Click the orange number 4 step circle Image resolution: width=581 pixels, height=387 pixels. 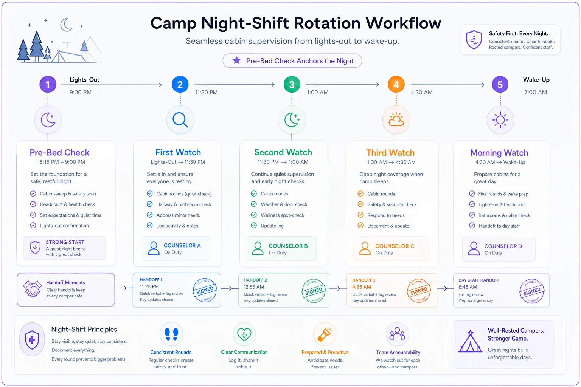(396, 85)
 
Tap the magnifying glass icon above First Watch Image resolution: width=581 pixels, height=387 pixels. (180, 120)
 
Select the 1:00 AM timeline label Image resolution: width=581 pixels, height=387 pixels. (317, 92)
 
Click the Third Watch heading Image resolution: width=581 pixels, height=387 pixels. (390, 153)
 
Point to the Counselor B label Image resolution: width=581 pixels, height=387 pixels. (288, 246)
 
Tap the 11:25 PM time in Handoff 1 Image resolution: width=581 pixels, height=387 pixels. (149, 286)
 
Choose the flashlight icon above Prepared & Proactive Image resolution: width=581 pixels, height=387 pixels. (325, 334)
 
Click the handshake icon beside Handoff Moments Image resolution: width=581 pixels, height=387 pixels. (32, 288)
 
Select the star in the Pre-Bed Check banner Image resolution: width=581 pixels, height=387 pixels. (236, 60)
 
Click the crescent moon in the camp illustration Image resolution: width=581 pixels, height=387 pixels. (66, 25)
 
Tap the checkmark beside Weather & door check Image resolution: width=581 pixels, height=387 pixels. (254, 204)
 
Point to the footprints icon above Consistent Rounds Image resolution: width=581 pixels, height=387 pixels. (171, 334)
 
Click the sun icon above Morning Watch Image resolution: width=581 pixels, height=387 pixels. (500, 120)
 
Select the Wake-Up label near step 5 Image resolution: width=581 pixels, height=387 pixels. (536, 80)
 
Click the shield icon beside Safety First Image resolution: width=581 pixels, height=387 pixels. (474, 39)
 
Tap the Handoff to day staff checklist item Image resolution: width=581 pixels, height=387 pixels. (499, 226)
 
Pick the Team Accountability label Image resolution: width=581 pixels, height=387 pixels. (398, 353)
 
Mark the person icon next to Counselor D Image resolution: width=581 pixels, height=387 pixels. (474, 249)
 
